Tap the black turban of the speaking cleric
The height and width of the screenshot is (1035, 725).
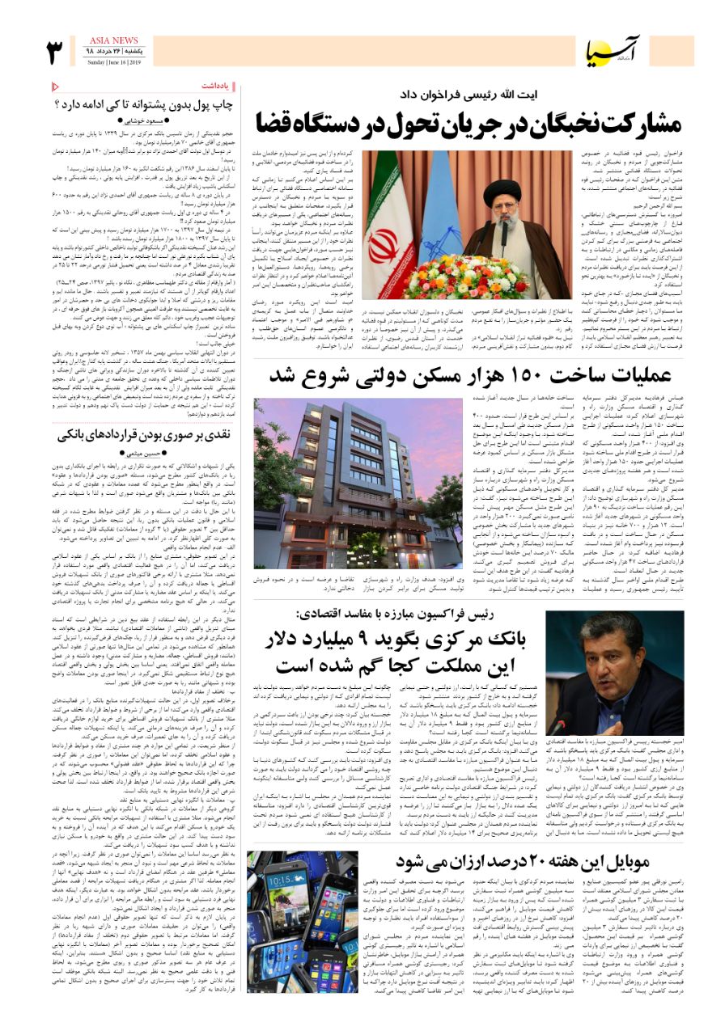[501, 188]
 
